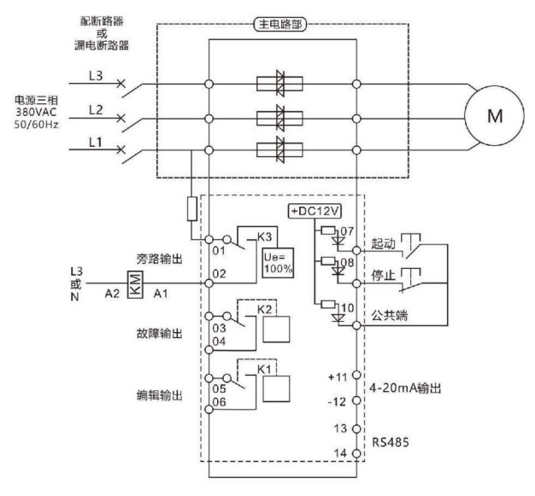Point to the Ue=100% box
(x=277, y=262)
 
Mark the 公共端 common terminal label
(x=391, y=315)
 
